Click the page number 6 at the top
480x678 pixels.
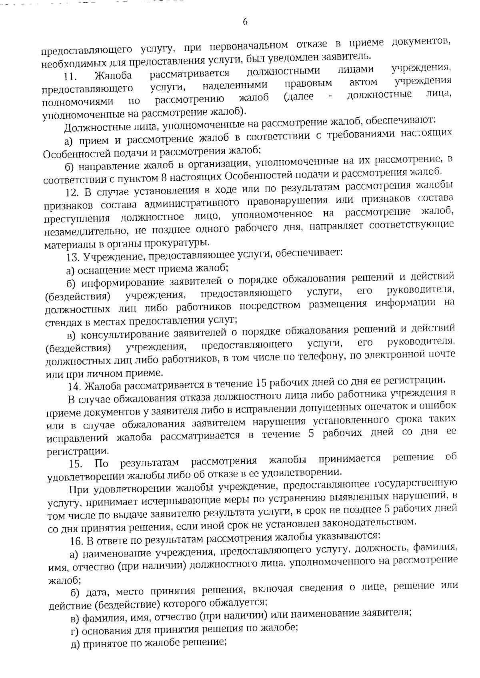click(245, 22)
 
